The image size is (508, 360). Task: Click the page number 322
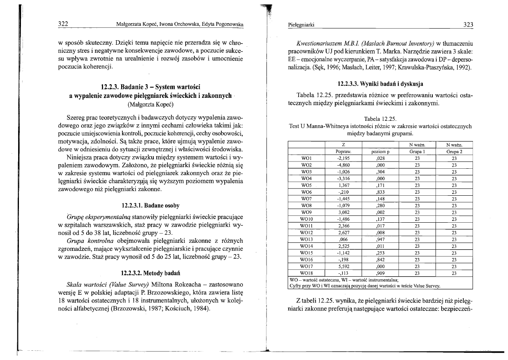pos(62,24)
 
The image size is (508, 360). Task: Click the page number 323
pos(468,25)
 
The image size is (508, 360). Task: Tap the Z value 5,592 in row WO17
pos(343,266)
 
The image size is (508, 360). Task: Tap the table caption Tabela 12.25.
pos(380,118)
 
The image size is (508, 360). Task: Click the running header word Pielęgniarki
pos(301,25)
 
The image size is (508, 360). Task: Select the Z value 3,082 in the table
pos(343,212)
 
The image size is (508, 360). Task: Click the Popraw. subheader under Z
pos(343,151)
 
